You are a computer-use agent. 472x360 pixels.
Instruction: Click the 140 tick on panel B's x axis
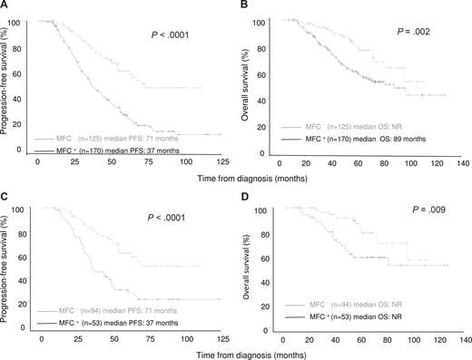pyautogui.click(x=465, y=164)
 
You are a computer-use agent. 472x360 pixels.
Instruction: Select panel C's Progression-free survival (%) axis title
pyautogui.click(x=7, y=267)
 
